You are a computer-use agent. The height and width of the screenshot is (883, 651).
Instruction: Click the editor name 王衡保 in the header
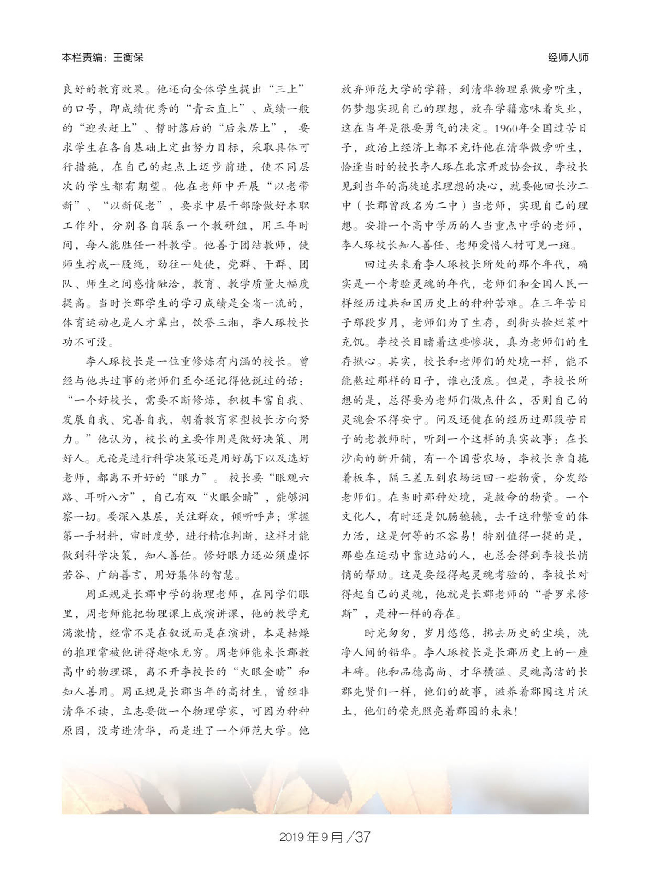click(128, 57)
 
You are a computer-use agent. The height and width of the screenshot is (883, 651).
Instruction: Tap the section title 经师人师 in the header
click(568, 57)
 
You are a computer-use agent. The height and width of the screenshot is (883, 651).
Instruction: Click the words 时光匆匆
click(387, 633)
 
